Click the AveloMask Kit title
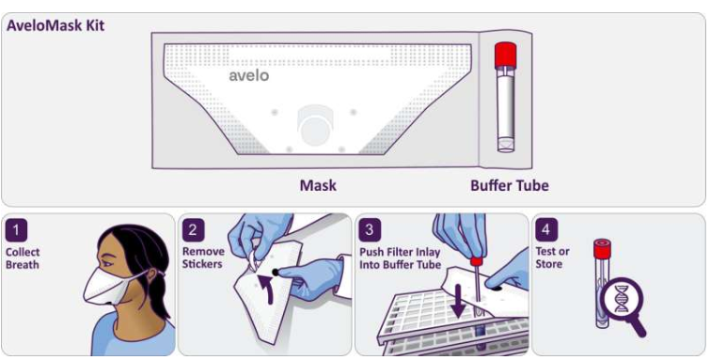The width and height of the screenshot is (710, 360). coord(55,25)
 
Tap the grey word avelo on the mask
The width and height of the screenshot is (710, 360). coord(248,75)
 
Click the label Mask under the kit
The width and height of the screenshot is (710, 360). coord(318,185)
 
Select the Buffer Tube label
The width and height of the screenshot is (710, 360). coord(510,185)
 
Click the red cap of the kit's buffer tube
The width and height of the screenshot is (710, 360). coord(506,55)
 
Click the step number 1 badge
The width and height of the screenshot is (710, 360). coord(16,230)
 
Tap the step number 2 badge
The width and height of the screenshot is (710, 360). coord(193,230)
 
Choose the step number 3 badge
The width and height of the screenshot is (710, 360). coord(370,230)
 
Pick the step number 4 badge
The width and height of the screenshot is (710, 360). coord(546,230)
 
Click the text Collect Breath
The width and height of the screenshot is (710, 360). coord(23,258)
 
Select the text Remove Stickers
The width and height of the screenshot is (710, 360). coord(203,258)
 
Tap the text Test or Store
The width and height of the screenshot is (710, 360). coord(552,258)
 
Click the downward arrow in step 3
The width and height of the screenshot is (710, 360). coord(458,300)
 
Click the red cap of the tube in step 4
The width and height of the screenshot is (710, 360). coord(602,249)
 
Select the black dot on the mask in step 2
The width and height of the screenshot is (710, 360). coord(275,273)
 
